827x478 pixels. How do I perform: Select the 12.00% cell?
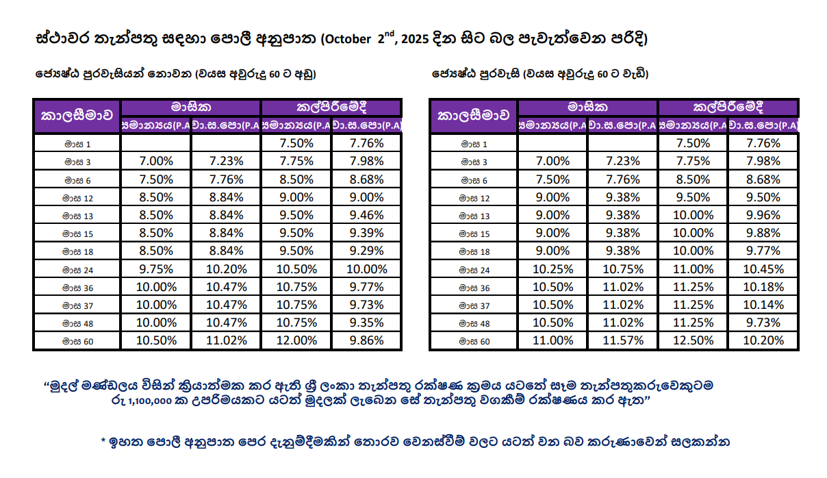click(296, 340)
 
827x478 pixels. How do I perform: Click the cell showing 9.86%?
click(366, 340)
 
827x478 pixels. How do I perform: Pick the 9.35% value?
click(366, 323)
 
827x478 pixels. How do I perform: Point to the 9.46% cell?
click(366, 215)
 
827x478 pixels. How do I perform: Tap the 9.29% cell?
click(366, 251)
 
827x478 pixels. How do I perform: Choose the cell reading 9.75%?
click(155, 268)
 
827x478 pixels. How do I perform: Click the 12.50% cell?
click(694, 340)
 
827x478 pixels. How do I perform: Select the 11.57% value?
click(623, 340)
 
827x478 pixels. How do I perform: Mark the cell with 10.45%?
click(763, 268)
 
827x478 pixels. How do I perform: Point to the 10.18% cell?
click(763, 287)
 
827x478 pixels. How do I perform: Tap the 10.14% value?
click(763, 305)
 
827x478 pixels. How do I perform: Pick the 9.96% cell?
click(763, 215)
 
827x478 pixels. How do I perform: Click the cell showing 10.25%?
click(552, 268)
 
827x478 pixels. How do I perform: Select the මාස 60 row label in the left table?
click(77, 341)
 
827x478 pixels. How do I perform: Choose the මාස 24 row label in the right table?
click(474, 269)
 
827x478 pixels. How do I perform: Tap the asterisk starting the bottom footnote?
click(103, 440)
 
